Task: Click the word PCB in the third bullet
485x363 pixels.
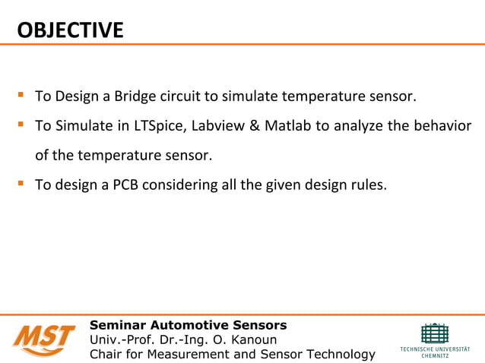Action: [126, 184]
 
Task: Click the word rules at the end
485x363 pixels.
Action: [369, 184]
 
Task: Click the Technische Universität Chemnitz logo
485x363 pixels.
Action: [434, 338]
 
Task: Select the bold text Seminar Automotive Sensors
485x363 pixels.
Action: [189, 326]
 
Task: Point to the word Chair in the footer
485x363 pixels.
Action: [107, 354]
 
